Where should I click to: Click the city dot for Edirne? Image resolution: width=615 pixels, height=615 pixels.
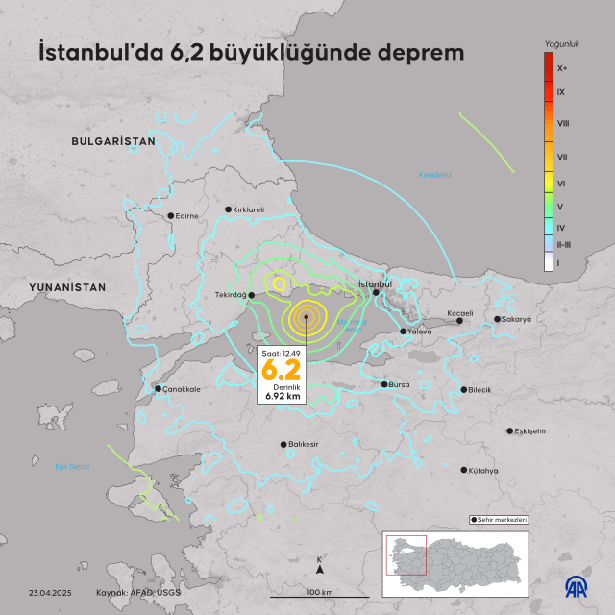(x=171, y=216)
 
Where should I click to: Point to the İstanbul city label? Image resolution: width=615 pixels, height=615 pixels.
(x=375, y=284)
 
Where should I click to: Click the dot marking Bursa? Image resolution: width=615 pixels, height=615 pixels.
(x=384, y=384)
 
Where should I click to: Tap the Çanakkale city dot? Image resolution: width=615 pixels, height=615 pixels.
(x=159, y=389)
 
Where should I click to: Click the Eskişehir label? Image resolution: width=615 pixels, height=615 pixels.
(x=531, y=431)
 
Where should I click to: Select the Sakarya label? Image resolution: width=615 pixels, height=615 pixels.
(x=516, y=319)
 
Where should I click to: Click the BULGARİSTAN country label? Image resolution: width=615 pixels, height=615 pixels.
(x=113, y=141)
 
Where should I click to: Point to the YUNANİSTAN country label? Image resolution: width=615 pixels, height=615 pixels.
(x=67, y=287)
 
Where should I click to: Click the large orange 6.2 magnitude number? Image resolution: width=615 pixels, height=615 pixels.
(x=282, y=370)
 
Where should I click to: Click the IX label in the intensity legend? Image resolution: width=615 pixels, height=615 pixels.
(x=561, y=91)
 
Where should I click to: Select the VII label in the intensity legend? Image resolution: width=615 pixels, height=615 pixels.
(x=562, y=156)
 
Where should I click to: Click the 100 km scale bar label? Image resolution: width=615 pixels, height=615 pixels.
(x=320, y=592)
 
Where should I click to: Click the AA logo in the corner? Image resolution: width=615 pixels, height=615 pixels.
(x=575, y=584)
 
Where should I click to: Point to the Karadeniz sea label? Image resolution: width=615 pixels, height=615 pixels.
(x=434, y=175)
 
